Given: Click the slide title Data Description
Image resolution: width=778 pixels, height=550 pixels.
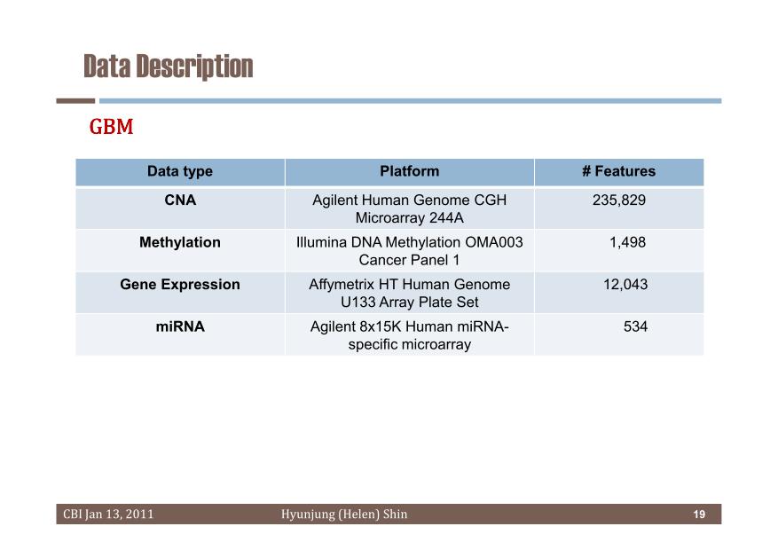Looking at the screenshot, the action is pos(169,67).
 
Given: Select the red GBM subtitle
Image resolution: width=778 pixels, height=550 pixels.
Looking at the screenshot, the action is pos(111,127).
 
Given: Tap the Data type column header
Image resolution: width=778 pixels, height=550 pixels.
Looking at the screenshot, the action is pos(180,171).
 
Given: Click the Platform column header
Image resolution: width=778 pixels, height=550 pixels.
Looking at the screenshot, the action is pos(410,171).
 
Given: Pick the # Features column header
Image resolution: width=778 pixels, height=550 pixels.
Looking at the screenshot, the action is pos(618,171).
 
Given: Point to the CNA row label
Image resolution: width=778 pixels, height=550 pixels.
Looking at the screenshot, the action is pos(180,200).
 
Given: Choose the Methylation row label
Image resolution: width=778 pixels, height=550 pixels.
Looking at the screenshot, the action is pos(180,242).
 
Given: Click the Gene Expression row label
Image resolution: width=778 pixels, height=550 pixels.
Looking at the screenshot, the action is pos(180,284).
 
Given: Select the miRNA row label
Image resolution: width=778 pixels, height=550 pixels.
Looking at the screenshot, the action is pos(180,326).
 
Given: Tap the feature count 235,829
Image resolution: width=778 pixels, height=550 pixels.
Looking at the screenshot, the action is pos(618,200).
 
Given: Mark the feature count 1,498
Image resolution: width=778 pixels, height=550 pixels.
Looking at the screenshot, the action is pos(628,242).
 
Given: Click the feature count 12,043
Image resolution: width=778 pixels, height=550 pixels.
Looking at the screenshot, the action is pos(625,284).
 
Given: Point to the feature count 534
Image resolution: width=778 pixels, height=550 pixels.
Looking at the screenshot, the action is pos(635,326).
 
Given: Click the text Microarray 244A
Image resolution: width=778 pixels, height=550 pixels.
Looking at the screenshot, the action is pos(410,217).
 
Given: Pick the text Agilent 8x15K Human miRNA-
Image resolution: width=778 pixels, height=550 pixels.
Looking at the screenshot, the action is pos(410,326).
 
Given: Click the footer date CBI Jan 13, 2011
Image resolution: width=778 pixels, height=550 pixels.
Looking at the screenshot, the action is pos(108,515).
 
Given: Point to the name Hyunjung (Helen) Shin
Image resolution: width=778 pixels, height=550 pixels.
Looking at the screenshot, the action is pos(344,515).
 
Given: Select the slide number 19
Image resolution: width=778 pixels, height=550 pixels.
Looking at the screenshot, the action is pos(699,515).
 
